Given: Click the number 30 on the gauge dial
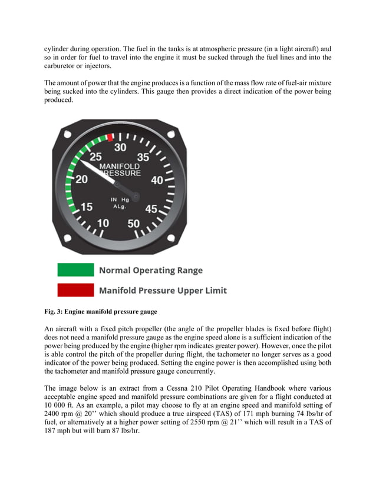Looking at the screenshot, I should click(121, 147).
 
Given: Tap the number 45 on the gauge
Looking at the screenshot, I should click(151, 209).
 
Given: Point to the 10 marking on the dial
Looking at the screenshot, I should click(103, 223).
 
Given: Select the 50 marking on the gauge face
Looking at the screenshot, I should click(134, 223).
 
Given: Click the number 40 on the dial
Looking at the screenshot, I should click(156, 181).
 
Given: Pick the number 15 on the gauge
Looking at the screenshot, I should click(87, 207).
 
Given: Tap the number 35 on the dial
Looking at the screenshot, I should click(143, 158).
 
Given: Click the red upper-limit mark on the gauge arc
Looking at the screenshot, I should click(110, 138).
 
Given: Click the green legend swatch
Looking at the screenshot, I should click(75, 270).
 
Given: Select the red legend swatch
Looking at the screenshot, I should click(75, 290).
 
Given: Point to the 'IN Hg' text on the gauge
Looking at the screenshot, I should click(120, 199).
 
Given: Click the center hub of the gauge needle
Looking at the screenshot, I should click(136, 195).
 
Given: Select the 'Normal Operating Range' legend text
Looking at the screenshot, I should click(150, 271).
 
